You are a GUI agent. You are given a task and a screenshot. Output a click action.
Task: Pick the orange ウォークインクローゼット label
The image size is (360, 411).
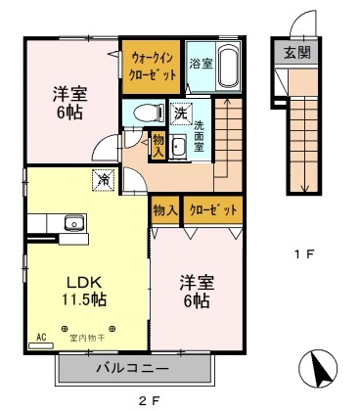coord(150,66)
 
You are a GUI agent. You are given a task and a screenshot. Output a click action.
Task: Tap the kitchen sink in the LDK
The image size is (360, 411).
coord(73,222)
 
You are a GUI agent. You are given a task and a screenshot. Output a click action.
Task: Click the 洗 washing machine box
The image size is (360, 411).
coord(180,114)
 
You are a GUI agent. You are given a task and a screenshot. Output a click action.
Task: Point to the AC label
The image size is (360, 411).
coord(41,336)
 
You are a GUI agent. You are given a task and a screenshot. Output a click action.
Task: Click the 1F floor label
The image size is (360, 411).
coord(302,255)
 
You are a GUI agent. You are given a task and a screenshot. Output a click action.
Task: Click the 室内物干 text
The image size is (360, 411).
coord(88,338)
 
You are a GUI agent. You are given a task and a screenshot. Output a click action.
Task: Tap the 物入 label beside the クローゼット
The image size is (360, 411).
coord(164,209)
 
